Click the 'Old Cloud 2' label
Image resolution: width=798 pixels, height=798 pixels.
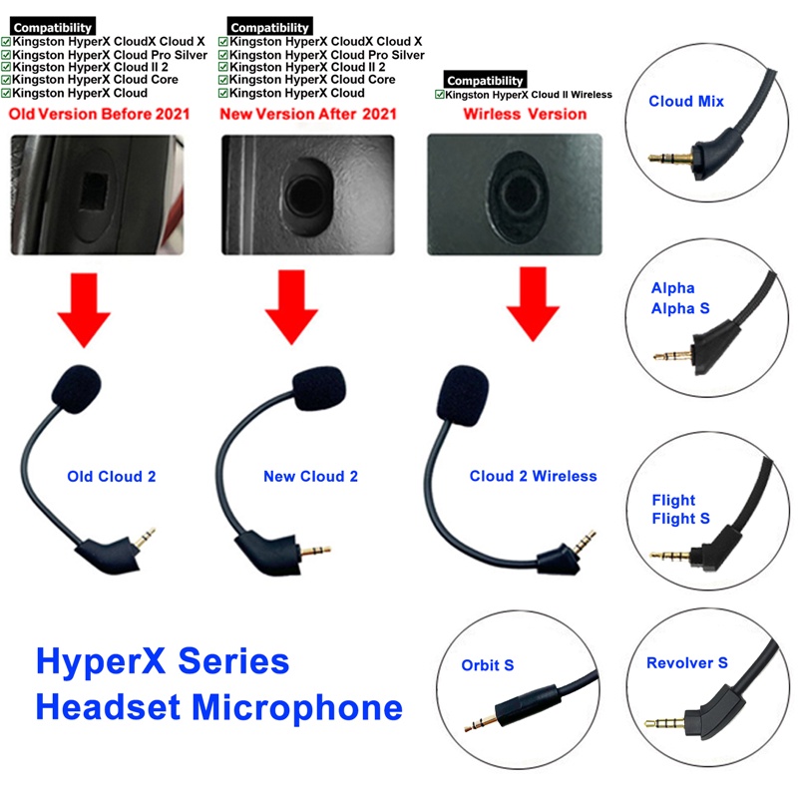pyautogui.click(x=111, y=476)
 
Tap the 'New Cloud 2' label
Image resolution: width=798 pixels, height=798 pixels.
pyautogui.click(x=310, y=476)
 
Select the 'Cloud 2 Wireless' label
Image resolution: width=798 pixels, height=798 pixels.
pyautogui.click(x=533, y=476)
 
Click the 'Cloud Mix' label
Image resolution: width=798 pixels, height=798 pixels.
pyautogui.click(x=686, y=101)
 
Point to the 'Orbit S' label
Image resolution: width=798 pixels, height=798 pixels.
pyautogui.click(x=487, y=665)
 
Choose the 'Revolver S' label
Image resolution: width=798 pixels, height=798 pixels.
pyautogui.click(x=687, y=662)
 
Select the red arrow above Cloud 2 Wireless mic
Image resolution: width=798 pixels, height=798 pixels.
pyautogui.click(x=532, y=305)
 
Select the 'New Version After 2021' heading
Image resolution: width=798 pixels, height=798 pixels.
pyautogui.click(x=308, y=114)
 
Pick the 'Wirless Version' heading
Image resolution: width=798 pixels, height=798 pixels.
pyautogui.click(x=525, y=114)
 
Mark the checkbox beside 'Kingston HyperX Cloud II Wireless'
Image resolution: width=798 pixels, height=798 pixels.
pyautogui.click(x=440, y=95)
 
